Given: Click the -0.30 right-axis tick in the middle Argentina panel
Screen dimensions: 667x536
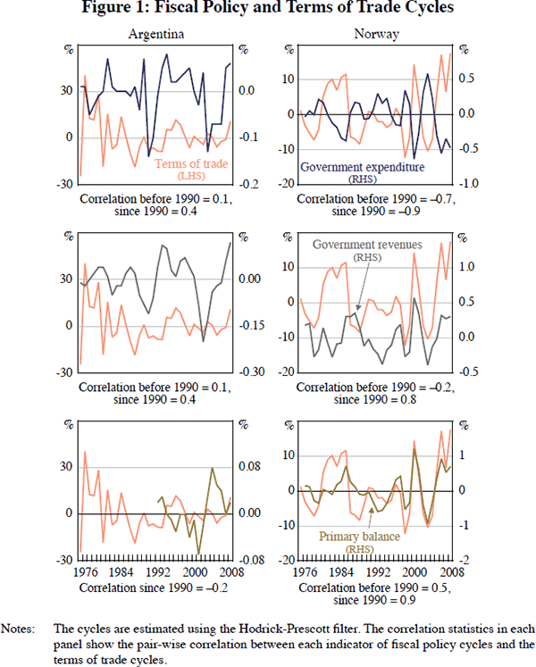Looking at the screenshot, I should (249, 372).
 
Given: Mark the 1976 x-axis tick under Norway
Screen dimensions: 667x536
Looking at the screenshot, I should (302, 573).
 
